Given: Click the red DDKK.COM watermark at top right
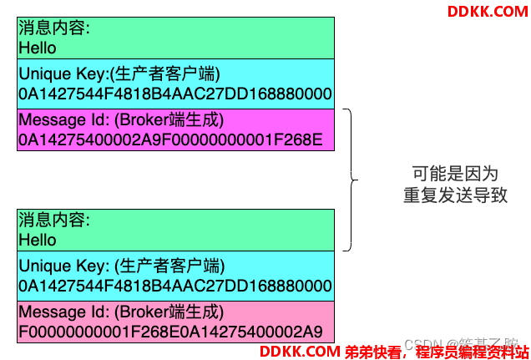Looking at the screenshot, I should click(x=488, y=11).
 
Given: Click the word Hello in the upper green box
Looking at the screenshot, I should click(x=38, y=48).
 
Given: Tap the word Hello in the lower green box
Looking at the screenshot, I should click(x=38, y=240).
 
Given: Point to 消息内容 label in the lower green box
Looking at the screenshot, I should click(x=53, y=221).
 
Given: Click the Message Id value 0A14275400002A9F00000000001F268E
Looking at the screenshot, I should click(x=170, y=139).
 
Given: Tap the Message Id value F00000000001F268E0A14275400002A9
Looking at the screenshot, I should click(x=170, y=332).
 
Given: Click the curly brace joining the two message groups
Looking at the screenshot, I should click(x=351, y=179).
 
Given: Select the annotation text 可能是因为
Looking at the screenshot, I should click(x=455, y=175).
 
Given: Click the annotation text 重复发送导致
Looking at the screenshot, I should click(x=455, y=197).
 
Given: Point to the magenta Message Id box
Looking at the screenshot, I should click(x=175, y=129).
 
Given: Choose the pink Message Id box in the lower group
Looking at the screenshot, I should click(x=175, y=322).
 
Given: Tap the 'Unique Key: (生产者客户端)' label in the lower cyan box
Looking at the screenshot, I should click(x=122, y=266).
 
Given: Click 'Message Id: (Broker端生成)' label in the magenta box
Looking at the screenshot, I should click(x=122, y=119).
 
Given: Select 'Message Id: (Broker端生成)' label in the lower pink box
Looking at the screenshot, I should click(x=122, y=312).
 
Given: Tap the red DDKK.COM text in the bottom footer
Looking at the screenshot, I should click(x=300, y=352).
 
